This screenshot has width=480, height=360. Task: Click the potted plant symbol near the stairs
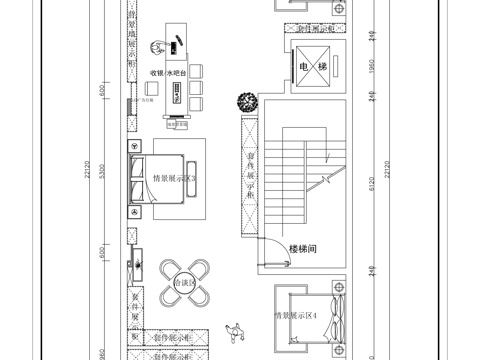[x=245, y=101]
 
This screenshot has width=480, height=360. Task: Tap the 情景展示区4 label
[x=297, y=317]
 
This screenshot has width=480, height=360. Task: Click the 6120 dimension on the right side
[x=372, y=185]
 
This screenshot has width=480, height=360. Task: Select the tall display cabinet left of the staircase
[x=246, y=175]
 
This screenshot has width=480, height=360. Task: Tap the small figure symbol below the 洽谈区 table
[x=238, y=329]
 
